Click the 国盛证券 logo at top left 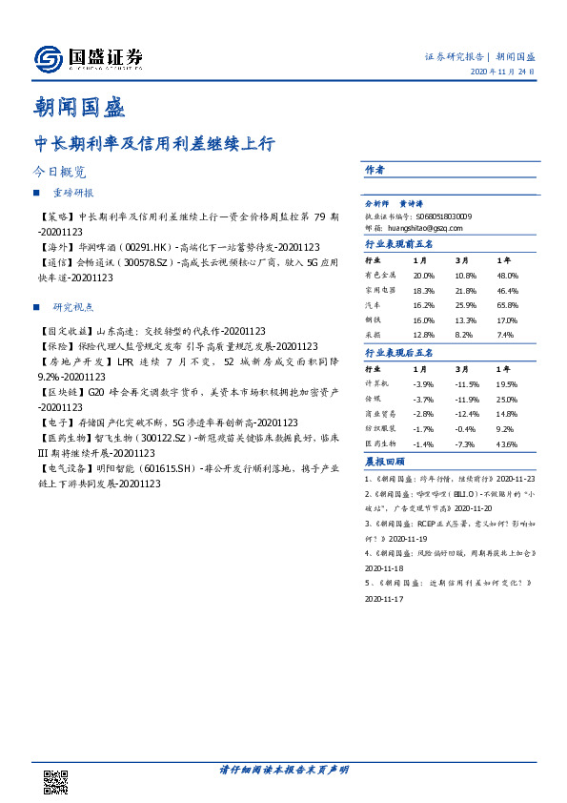(88, 59)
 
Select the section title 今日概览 (59, 173)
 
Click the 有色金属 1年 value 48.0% (507, 275)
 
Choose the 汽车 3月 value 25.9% (465, 305)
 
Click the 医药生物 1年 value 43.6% (507, 444)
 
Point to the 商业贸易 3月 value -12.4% (466, 414)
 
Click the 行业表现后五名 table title (399, 352)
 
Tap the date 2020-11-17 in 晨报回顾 (385, 599)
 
